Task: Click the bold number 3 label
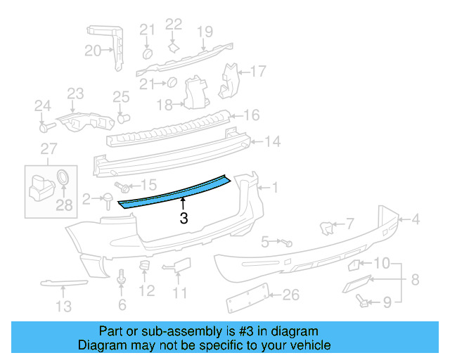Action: (184, 218)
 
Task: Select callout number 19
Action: (205, 31)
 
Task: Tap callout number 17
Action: (258, 71)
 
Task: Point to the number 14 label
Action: (272, 142)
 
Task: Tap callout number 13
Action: (63, 306)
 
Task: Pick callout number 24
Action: (43, 106)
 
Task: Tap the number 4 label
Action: (416, 220)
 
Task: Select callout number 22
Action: (174, 25)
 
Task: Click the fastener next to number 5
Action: (288, 242)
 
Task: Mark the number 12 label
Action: (146, 290)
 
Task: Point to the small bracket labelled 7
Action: (327, 226)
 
